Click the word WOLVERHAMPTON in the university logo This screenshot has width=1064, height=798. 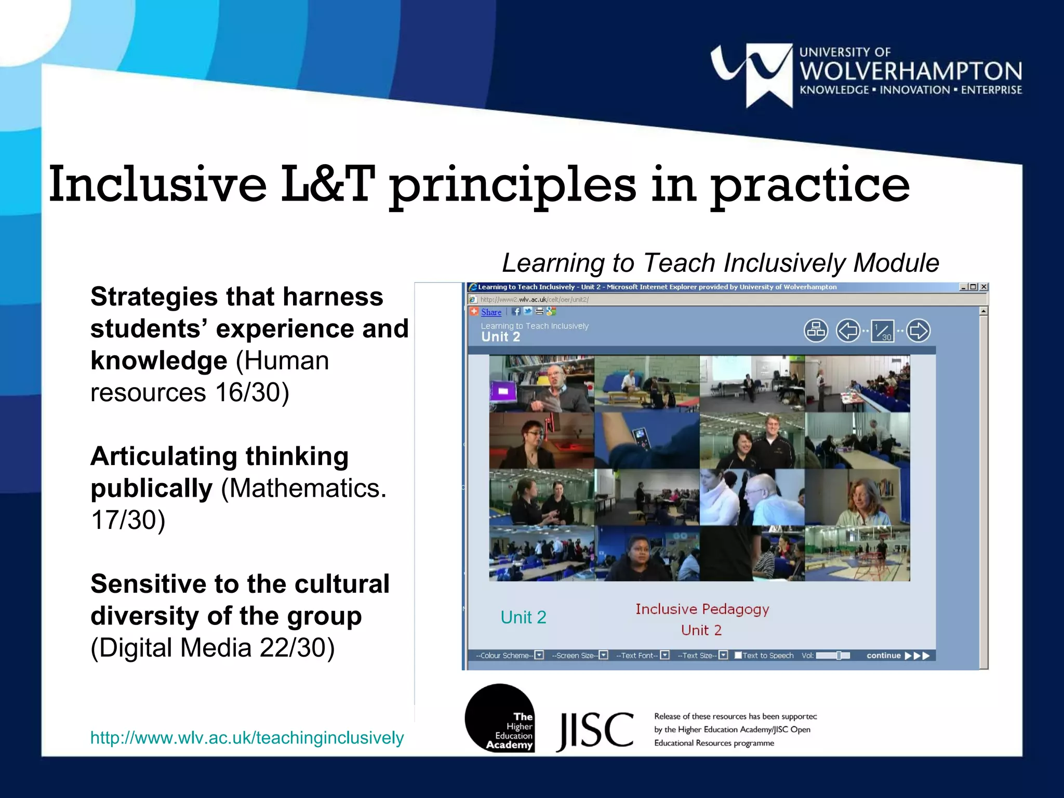[x=910, y=71]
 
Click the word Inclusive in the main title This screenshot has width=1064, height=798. [x=157, y=184]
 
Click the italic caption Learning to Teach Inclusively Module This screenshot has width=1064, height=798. [x=720, y=263]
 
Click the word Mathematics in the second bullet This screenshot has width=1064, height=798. [x=307, y=488]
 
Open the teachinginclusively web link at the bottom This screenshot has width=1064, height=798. [x=247, y=738]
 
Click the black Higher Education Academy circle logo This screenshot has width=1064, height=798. [x=500, y=718]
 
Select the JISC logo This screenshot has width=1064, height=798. [x=595, y=730]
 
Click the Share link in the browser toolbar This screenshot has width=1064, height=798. [x=491, y=312]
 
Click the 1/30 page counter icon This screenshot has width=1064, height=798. [x=882, y=331]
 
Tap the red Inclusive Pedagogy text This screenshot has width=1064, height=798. [x=702, y=609]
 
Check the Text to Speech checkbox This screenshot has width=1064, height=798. [x=738, y=656]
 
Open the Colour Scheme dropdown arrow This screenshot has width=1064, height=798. [x=539, y=655]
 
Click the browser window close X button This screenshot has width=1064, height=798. [x=983, y=287]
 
